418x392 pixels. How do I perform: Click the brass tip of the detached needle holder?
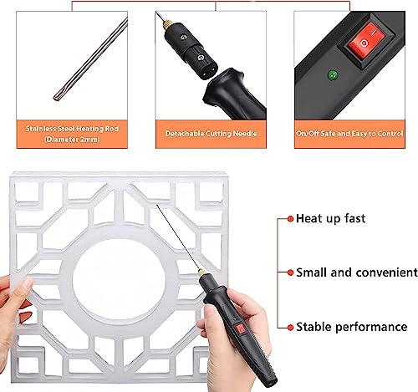(179, 18)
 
